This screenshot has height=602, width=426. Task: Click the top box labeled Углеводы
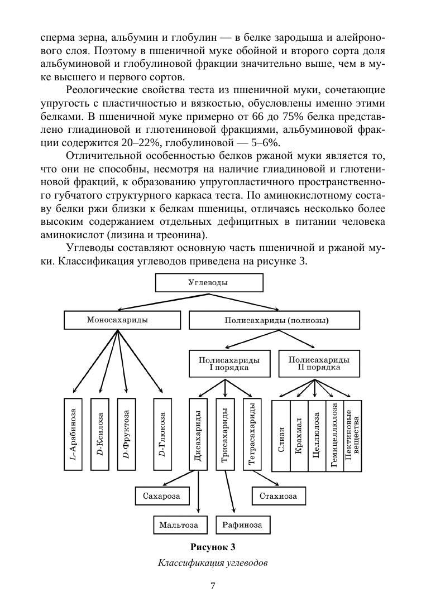coord(208,283)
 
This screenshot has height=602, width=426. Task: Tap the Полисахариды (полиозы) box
coord(275,321)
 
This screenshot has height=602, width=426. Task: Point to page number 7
coord(213,585)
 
